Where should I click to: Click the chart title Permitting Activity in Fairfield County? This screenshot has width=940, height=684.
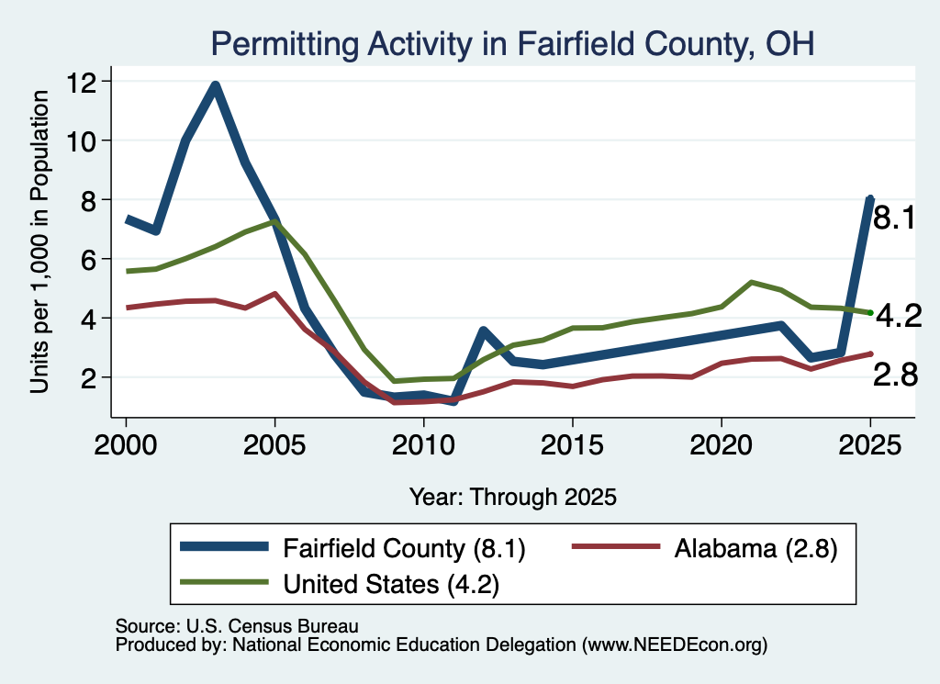coord(512,44)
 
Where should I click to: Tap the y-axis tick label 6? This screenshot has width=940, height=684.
coord(89,259)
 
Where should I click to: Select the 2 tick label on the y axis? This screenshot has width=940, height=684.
coord(89,377)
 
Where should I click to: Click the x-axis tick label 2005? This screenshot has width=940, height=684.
coord(274,444)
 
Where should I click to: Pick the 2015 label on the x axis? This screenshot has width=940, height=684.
coord(573,444)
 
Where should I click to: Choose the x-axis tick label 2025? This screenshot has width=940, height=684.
coord(870,444)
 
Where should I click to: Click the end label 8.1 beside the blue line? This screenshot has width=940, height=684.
coord(894,217)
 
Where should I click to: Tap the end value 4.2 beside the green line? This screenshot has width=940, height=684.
coord(899,316)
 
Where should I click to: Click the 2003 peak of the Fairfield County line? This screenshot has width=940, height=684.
coord(215,85)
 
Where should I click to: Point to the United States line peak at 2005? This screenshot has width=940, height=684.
coord(274,221)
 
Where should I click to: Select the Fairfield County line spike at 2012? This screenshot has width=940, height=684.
coord(483,331)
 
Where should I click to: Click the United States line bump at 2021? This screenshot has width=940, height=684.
coord(751,282)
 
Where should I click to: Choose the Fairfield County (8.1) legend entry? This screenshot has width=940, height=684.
coord(352,548)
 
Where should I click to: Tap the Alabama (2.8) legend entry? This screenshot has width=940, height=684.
coord(705,548)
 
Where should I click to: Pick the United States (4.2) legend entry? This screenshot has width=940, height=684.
coord(340,583)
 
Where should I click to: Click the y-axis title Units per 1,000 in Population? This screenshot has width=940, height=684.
coord(39,241)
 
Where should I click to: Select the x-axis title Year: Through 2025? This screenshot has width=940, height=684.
coord(513,497)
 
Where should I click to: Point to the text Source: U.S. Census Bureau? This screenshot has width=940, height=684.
coord(237,626)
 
